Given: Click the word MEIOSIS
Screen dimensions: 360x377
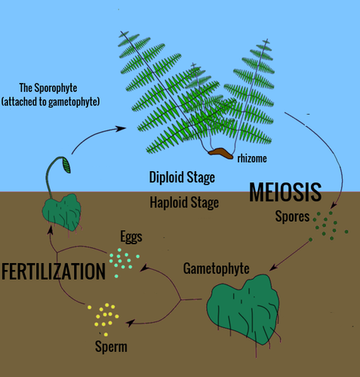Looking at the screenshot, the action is (x=285, y=192).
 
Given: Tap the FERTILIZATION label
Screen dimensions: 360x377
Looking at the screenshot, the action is (x=54, y=271).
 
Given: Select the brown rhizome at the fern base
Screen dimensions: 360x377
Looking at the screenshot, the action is (x=220, y=153).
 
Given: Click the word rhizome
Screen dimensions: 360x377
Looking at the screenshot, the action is (x=252, y=158).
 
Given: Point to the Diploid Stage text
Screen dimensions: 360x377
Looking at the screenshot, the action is (x=182, y=177).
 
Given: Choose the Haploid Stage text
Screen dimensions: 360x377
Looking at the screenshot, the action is (x=184, y=203).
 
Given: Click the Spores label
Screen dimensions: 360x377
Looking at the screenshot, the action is (x=292, y=216).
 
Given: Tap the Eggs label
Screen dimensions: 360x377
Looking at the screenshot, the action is (x=131, y=237).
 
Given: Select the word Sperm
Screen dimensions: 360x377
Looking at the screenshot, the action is (x=111, y=347).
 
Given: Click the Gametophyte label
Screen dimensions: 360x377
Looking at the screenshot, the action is (x=217, y=268).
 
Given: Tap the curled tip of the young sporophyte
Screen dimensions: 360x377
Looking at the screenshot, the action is (x=66, y=165).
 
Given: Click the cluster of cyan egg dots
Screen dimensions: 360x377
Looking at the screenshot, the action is (x=124, y=262).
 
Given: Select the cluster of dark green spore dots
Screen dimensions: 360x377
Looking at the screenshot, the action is (x=328, y=226).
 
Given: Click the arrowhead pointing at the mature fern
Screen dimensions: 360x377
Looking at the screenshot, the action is (x=121, y=129).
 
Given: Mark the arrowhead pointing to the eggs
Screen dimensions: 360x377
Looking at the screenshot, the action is (x=144, y=267).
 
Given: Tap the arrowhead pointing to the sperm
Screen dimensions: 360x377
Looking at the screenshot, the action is (x=130, y=323).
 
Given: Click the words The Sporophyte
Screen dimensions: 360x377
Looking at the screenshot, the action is (x=48, y=88).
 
